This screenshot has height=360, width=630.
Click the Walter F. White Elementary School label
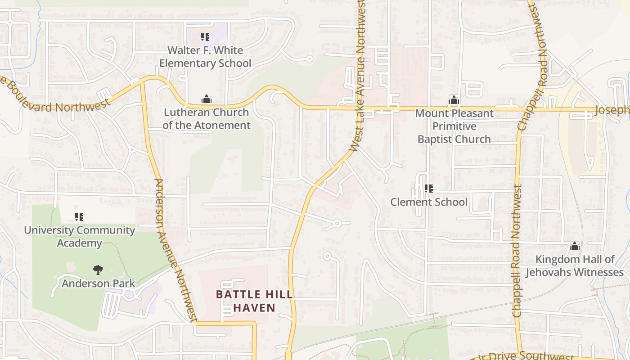click(205, 57)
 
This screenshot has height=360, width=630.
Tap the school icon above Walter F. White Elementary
click(205, 37)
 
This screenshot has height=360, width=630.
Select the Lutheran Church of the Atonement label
click(206, 119)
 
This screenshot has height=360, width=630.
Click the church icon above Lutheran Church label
click(206, 99)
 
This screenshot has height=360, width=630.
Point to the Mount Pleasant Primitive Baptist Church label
click(454, 126)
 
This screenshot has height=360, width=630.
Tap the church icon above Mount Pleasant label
click(454, 99)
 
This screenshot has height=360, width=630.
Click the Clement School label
click(429, 202)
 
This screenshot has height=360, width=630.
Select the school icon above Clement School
click(429, 189)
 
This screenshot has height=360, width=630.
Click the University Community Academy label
click(79, 236)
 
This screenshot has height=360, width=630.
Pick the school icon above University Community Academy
click(79, 217)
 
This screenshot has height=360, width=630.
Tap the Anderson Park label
click(98, 283)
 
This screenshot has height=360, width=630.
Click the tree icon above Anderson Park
click(98, 270)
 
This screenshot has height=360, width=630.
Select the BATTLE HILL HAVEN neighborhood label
click(254, 301)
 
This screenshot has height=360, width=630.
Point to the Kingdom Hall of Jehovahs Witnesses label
click(575, 265)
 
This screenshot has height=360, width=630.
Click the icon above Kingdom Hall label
click(574, 247)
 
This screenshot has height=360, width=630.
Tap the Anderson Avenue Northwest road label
click(176, 250)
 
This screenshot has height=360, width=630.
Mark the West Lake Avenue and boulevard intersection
click(363, 108)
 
